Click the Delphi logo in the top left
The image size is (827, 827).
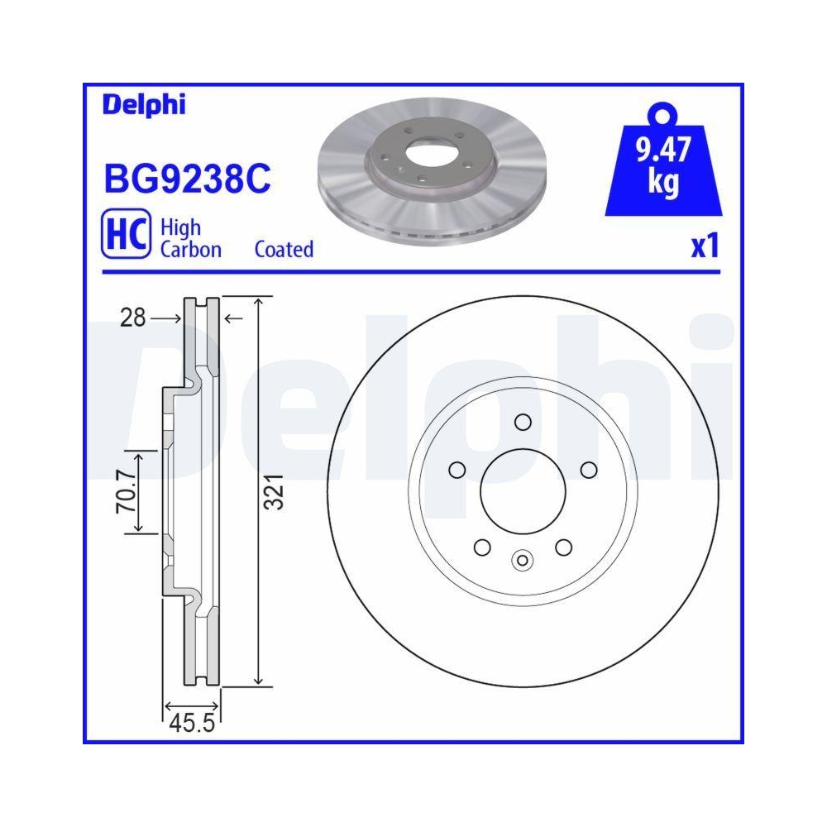pyautogui.click(x=144, y=105)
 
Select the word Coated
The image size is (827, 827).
pyautogui.click(x=284, y=249)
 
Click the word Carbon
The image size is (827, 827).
pyautogui.click(x=190, y=249)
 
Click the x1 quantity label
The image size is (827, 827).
pyautogui.click(x=705, y=246)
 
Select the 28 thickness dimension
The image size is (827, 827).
pyautogui.click(x=131, y=318)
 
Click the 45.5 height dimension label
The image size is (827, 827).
pyautogui.click(x=192, y=725)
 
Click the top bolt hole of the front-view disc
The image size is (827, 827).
pyautogui.click(x=522, y=423)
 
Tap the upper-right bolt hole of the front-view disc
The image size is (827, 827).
pyautogui.click(x=589, y=471)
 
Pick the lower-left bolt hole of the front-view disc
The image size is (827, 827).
pyautogui.click(x=480, y=547)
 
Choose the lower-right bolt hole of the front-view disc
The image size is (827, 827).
pyautogui.click(x=563, y=547)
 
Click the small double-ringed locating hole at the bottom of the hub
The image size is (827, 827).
pyautogui.click(x=522, y=561)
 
